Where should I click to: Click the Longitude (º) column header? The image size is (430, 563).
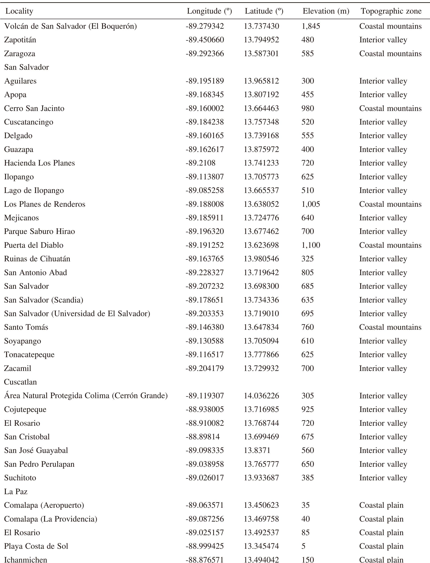coord(209,11)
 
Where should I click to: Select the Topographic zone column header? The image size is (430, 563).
coord(391,11)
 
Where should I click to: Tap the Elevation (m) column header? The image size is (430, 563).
coord(326,11)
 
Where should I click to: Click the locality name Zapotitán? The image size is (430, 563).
coord(20,40)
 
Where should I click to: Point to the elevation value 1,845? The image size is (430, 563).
coord(311,26)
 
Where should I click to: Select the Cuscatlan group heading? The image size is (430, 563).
coord(20,382)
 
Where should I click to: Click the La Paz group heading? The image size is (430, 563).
coord(16,491)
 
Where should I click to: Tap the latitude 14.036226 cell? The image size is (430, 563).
coord(261,396)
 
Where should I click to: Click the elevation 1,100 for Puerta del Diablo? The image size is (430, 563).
coord(311,245)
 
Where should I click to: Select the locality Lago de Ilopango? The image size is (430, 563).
coord(34,190)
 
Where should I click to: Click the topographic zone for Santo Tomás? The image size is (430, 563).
coord(390,327)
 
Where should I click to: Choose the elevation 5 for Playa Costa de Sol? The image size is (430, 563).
coord(303,546)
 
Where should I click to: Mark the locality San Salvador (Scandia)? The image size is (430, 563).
coord(43,300)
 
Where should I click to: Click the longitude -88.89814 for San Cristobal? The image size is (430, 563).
coord(203,437)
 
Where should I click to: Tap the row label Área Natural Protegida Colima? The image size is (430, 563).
coord(86,396)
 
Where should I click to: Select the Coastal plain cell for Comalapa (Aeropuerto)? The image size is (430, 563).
coord(381,505)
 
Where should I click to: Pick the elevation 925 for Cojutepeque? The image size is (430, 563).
coord(307,409)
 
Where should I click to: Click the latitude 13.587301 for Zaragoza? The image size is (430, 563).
coord(261,53)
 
